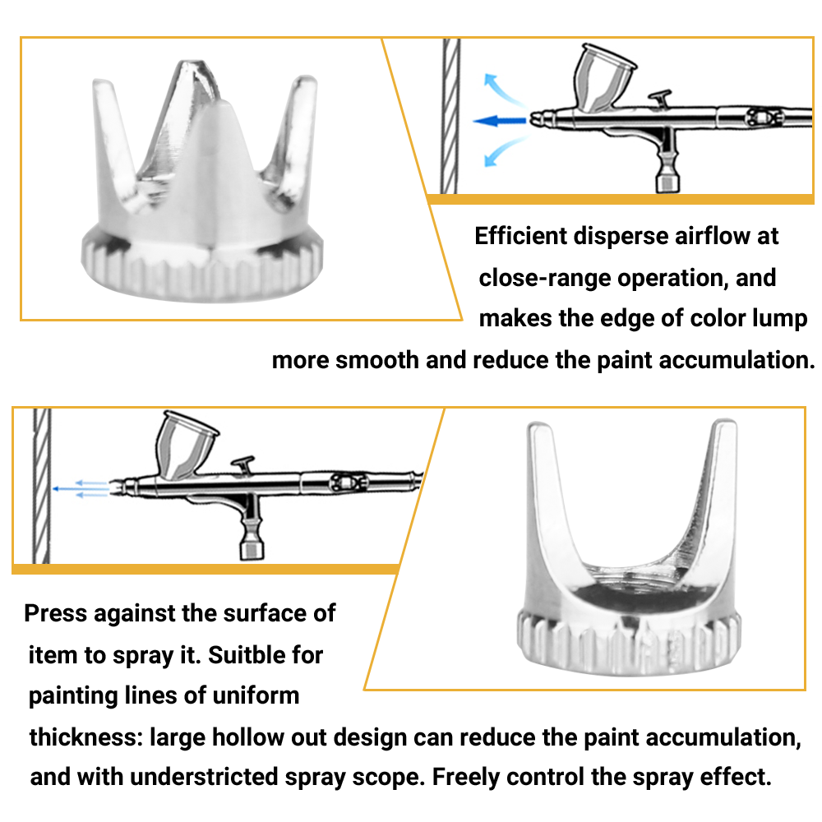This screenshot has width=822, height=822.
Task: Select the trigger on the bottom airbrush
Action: tap(244, 464)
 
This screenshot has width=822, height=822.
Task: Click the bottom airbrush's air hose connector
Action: tap(249, 544)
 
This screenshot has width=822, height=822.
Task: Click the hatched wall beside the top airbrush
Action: tap(450, 115)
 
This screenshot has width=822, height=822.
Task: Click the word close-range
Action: tap(544, 278)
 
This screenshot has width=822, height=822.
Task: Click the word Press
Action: tap(56, 613)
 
